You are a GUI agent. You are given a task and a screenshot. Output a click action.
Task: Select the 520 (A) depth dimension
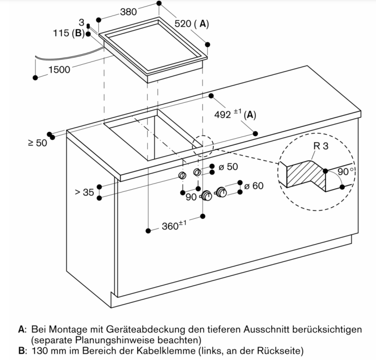coord(191,24)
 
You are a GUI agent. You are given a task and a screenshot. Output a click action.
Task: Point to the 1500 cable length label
coord(59,70)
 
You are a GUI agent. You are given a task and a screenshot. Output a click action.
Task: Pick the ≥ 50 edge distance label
coord(38,143)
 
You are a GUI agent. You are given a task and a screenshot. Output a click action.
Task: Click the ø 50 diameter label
coord(229,167)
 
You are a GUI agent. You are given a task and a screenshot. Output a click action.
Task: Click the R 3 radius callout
coord(320,147)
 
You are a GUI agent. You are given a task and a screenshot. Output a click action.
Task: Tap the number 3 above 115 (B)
coord(81,22)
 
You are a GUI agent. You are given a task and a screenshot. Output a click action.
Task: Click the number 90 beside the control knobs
coord(191,197)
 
